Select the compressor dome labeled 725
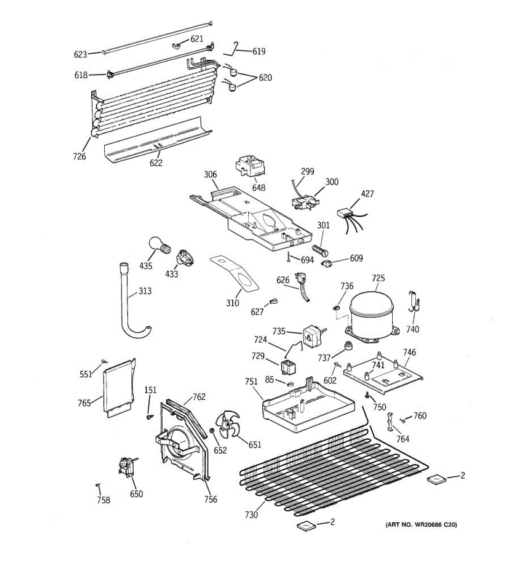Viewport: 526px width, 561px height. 373,311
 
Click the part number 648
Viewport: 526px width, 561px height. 259,188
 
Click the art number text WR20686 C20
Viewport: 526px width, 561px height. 420,525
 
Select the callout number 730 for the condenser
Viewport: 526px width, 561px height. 251,515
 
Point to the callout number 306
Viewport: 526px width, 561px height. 210,175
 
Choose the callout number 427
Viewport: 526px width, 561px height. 367,194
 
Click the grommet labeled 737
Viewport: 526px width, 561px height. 348,346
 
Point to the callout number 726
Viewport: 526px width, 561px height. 79,156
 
